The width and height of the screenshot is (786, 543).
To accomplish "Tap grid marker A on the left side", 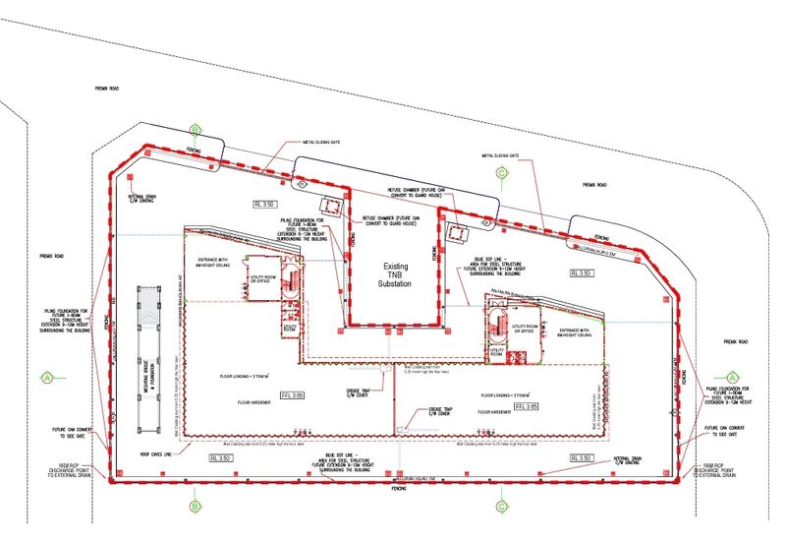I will click(46, 376).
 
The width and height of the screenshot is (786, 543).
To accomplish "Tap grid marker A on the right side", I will click(731, 376).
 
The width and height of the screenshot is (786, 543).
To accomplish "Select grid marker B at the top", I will click(195, 130).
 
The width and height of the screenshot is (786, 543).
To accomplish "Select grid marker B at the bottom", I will click(195, 508).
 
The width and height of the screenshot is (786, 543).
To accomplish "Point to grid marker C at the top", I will click(501, 173).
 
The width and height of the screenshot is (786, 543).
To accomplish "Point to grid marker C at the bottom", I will click(501, 508).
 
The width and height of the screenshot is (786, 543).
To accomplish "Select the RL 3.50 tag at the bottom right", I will click(584, 458).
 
